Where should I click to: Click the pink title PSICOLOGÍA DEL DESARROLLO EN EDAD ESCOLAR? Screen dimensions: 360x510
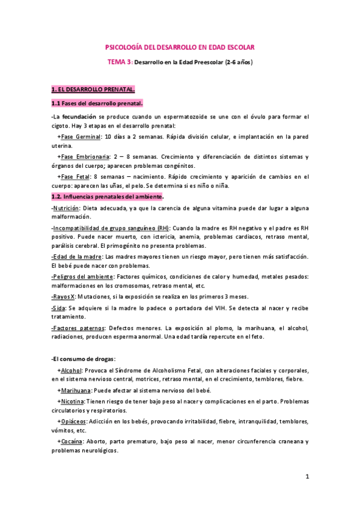[180, 46]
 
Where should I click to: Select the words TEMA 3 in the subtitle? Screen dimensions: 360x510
[119, 62]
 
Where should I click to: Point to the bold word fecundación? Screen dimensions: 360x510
[75, 116]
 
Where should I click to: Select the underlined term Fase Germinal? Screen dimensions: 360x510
[81, 137]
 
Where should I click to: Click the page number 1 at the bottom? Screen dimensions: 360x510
[307, 477]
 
